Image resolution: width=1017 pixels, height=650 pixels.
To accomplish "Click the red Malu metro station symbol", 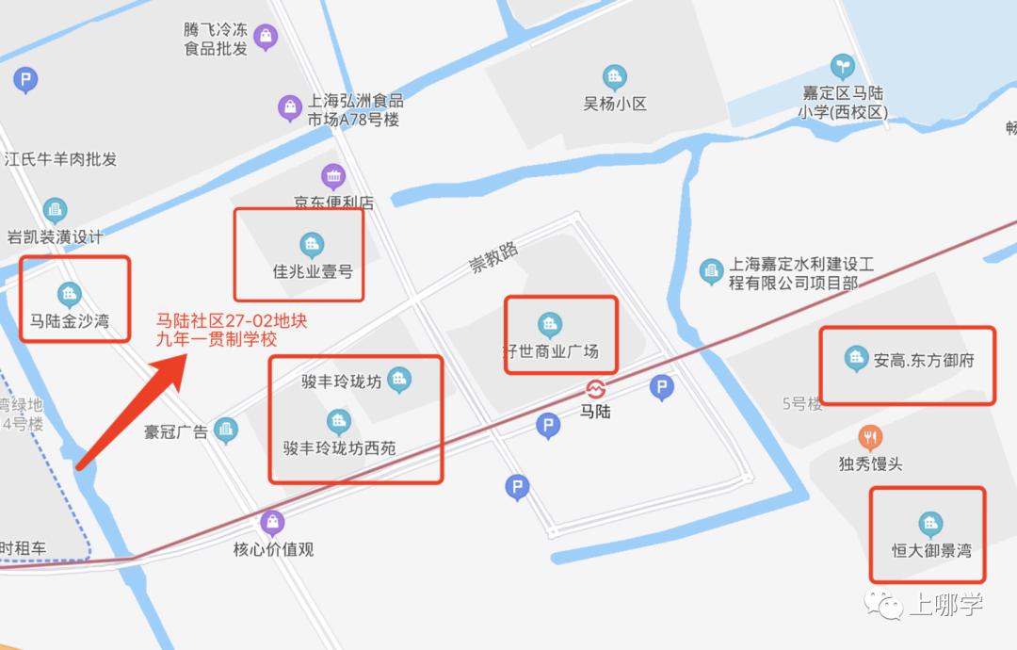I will click(595, 389).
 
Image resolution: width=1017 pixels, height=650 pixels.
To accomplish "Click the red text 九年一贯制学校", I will click(218, 340).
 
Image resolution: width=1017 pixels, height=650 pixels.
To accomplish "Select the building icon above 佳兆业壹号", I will click(312, 245).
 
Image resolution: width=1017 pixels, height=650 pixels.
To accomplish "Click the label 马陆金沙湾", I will click(70, 321).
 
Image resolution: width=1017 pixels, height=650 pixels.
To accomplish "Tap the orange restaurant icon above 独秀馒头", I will click(870, 437).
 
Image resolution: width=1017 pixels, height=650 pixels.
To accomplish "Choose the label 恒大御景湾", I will click(931, 550).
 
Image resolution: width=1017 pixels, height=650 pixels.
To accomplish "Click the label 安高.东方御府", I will click(923, 360).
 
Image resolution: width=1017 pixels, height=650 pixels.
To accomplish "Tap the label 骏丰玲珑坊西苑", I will click(339, 448).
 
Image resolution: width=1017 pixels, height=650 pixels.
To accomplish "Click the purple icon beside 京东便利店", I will click(333, 175).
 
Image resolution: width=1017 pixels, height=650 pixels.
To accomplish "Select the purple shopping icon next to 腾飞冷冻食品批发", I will click(266, 37).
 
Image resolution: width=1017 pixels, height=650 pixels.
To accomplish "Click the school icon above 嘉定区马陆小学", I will click(842, 66).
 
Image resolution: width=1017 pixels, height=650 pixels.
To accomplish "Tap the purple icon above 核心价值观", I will click(272, 522).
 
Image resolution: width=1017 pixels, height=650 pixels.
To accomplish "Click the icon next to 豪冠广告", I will click(226, 431).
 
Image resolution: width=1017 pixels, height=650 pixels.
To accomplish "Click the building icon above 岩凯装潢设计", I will click(55, 209).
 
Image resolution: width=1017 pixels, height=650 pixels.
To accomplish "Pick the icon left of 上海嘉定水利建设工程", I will click(711, 272).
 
